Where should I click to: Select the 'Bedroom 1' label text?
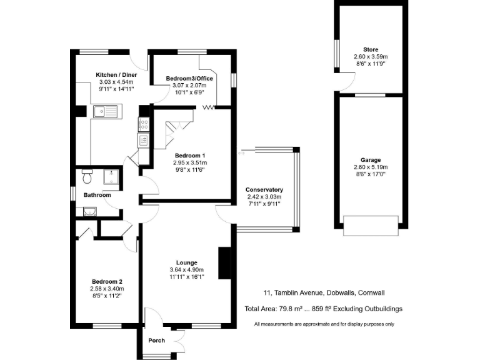(x=189, y=155)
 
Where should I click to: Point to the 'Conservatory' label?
(x=264, y=189)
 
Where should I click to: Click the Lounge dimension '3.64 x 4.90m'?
(x=187, y=269)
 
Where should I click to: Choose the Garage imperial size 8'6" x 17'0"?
(x=370, y=174)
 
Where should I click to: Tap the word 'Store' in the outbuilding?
(x=371, y=49)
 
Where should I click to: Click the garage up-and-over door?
(x=371, y=226)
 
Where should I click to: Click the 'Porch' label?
(x=156, y=341)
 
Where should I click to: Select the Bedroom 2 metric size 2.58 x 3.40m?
(x=108, y=289)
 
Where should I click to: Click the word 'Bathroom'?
(x=97, y=195)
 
